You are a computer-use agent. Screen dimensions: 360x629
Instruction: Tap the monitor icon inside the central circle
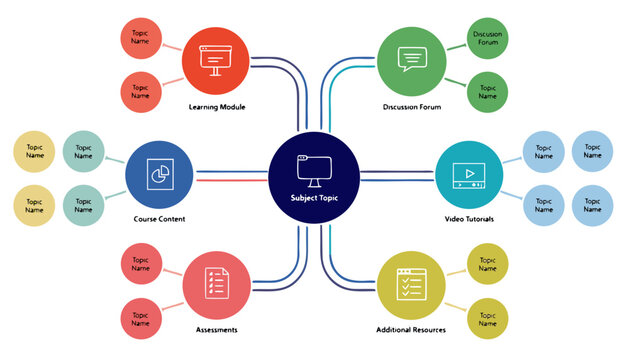314,169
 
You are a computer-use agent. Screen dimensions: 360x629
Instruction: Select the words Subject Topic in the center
314,198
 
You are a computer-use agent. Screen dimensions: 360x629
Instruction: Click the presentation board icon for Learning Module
217,59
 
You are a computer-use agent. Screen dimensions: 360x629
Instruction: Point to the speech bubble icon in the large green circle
411,59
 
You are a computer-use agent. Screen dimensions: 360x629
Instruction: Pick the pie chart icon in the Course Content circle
158,173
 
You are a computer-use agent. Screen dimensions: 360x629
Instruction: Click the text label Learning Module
217,106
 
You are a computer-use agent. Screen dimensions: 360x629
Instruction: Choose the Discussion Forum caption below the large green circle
412,106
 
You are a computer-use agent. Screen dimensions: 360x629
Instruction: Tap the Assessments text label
217,329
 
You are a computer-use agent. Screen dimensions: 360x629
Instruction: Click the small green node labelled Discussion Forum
488,39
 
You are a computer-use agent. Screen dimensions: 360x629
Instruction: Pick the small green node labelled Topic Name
488,92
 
